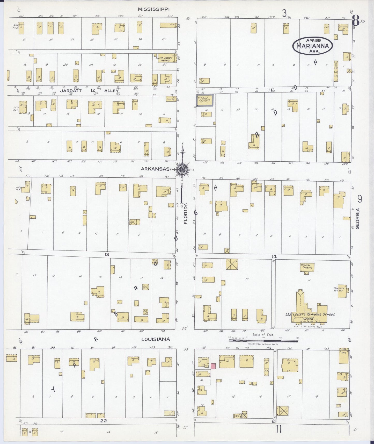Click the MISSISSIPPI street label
click(x=153, y=9)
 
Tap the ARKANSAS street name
click(x=155, y=169)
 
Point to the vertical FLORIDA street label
click(x=185, y=217)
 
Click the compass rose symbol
click(x=182, y=170)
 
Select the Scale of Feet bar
click(x=263, y=340)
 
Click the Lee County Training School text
click(x=310, y=314)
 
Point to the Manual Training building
click(x=307, y=267)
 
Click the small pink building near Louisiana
click(x=214, y=366)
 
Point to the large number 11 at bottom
click(x=278, y=430)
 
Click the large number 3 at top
click(x=284, y=13)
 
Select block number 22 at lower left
click(x=104, y=421)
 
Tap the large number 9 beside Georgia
click(x=360, y=199)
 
